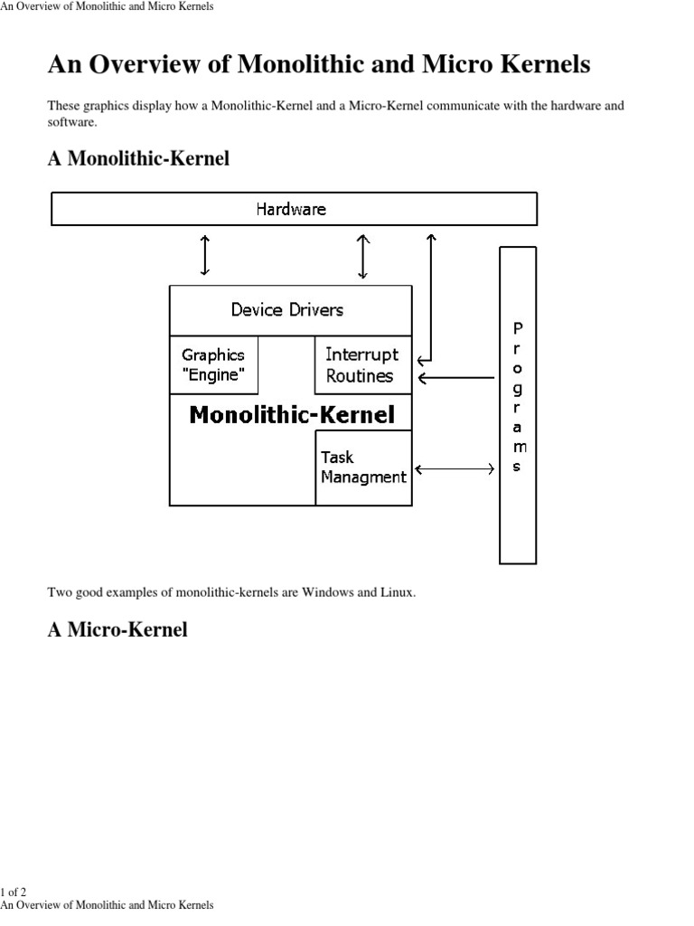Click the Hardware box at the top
294,209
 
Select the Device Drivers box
287,310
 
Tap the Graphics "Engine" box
213,365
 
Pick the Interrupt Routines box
361,365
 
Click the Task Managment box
363,468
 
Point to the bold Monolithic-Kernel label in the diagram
292,415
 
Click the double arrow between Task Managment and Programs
455,468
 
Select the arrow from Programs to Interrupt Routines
455,377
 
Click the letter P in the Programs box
517,328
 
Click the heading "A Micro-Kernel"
117,629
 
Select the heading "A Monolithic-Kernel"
138,158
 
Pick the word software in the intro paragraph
70,122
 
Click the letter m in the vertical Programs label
517,447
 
